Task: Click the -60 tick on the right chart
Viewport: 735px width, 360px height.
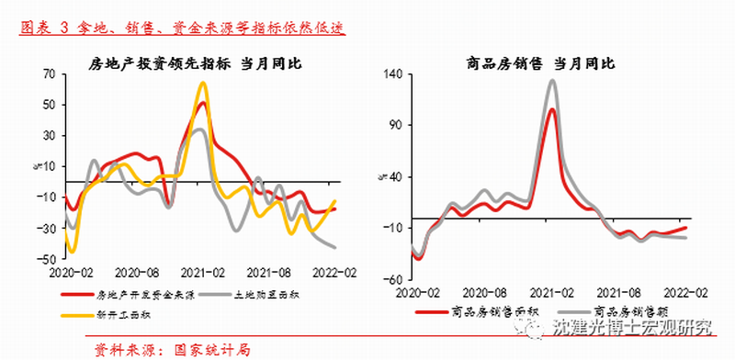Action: click(x=392, y=279)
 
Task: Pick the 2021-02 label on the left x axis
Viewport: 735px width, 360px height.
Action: click(x=202, y=273)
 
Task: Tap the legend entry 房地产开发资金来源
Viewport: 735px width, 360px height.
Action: click(x=144, y=296)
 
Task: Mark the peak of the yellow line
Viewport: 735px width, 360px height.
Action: click(x=203, y=84)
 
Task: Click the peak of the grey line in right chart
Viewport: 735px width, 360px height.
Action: click(x=552, y=81)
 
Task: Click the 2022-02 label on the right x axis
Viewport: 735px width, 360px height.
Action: click(x=684, y=291)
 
